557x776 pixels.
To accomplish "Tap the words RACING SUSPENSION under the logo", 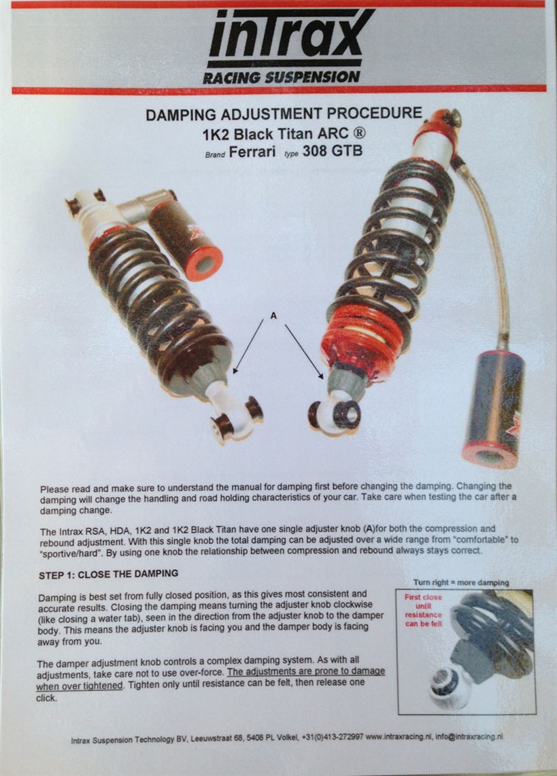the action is coord(281,78).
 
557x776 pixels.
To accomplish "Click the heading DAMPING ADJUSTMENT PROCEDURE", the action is coord(284,114).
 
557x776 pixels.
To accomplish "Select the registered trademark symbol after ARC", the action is coord(360,133).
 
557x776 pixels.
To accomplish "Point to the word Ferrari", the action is coord(252,152).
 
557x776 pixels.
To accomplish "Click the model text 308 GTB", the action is coord(333,150).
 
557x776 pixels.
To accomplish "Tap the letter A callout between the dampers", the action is coord(273,315).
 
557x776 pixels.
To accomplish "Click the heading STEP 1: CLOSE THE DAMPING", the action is coord(108,574).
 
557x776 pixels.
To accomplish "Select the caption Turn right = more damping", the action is coord(461,583).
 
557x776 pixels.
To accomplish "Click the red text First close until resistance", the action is coord(423,610).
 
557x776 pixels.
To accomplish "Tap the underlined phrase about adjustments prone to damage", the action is coord(210,678).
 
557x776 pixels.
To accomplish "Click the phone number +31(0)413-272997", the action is coord(333,737).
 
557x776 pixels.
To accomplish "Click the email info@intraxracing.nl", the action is coord(469,736).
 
